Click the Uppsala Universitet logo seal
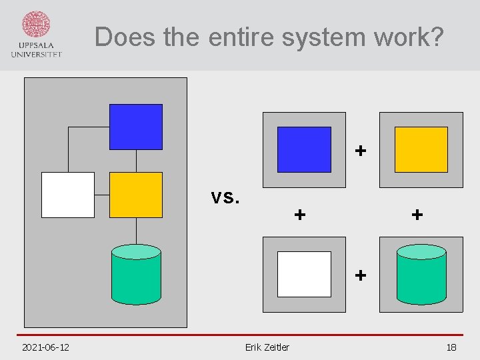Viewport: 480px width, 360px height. coord(36,25)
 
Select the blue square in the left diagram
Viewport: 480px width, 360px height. coord(136,127)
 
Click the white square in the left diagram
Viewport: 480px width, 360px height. coord(68,195)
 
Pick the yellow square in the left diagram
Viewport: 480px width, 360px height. coord(136,195)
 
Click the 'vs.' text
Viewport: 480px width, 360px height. coord(225,197)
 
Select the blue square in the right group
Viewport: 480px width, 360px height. coord(304,149)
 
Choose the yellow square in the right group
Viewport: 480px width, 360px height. coord(421,149)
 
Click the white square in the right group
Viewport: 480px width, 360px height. coord(304,274)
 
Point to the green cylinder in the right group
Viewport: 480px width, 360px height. coord(421,274)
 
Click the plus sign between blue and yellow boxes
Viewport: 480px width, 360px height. coord(361,151)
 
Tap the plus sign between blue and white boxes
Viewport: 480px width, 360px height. coord(301,215)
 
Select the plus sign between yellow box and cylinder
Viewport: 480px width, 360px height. coord(417,215)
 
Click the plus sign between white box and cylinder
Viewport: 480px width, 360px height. coord(361,274)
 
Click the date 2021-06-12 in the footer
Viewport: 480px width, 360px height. coord(46,347)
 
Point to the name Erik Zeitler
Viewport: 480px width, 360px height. coord(267,347)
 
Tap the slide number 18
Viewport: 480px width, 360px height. coord(451,347)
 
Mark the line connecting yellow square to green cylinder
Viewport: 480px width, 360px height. coord(136,231)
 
